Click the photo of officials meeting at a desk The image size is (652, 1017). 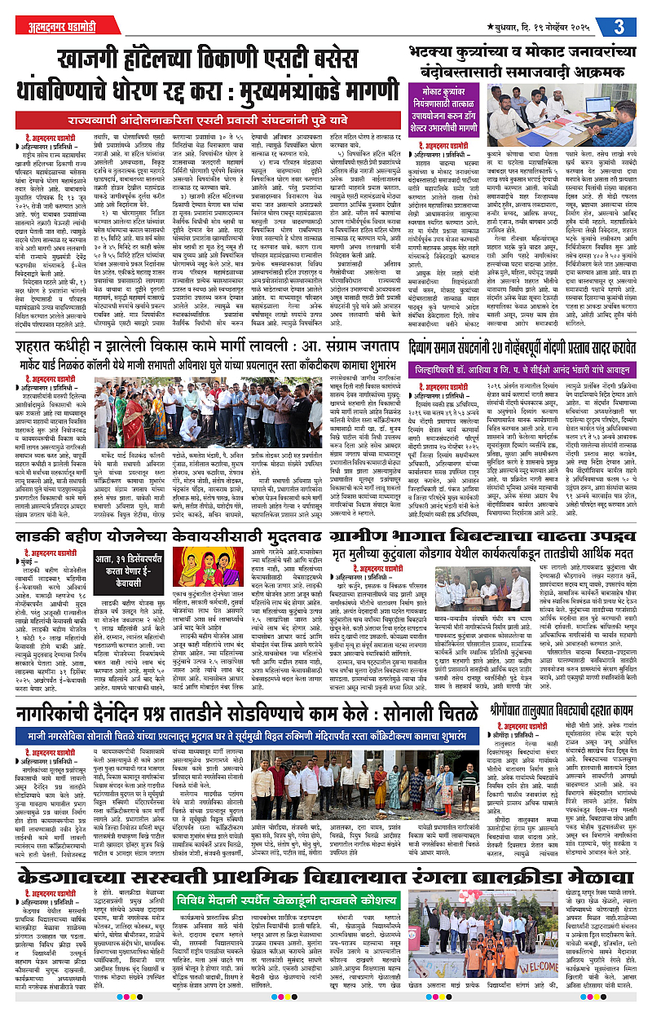pyautogui.click(x=570, y=119)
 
